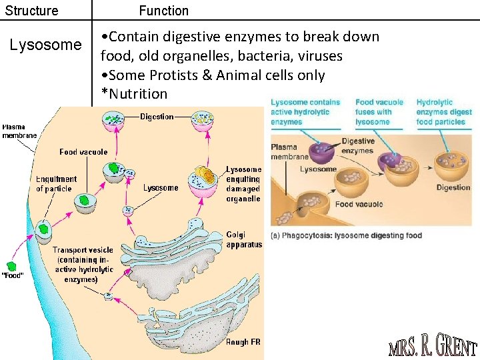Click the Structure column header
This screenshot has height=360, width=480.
[31, 11]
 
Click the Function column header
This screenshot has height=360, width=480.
[163, 11]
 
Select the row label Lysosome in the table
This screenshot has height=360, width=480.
[45, 45]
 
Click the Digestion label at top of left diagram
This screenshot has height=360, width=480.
[157, 117]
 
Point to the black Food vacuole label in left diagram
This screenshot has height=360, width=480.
[83, 152]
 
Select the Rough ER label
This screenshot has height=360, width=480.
[243, 342]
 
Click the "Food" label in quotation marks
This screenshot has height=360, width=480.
[12, 275]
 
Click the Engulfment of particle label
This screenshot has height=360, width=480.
[56, 184]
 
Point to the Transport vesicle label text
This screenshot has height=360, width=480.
[83, 265]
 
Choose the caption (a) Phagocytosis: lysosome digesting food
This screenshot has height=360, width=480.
[346, 235]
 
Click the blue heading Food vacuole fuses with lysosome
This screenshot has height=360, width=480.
[379, 112]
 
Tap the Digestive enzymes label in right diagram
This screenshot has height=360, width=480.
[358, 145]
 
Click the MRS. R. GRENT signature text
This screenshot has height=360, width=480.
[433, 347]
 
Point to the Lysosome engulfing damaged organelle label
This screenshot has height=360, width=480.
[243, 184]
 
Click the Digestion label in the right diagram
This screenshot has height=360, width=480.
[453, 187]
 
